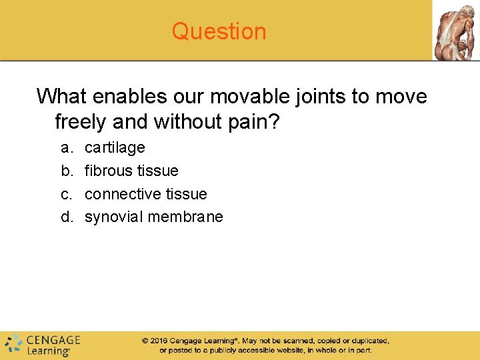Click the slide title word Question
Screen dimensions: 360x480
click(219, 31)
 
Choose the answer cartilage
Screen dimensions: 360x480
click(115, 147)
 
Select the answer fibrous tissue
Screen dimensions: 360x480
click(131, 171)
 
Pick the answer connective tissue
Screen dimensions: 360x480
click(146, 194)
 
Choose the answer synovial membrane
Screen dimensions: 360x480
click(154, 217)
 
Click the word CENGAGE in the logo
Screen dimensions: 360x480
click(53, 340)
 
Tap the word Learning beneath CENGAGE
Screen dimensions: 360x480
click(47, 351)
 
